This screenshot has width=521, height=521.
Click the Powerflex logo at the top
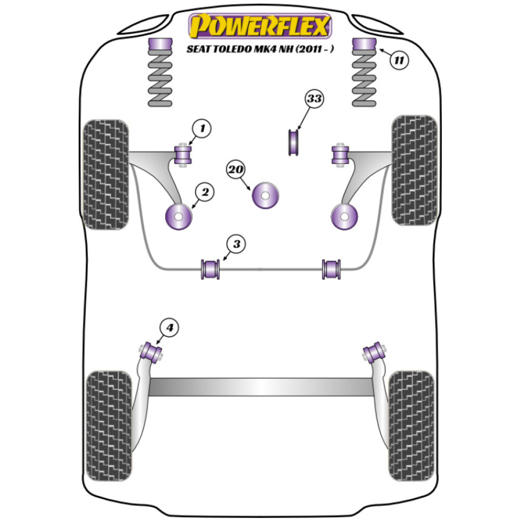tap(260, 26)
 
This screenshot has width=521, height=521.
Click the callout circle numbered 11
tap(399, 60)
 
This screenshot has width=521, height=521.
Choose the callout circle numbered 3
tap(237, 243)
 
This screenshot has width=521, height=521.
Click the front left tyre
tap(106, 175)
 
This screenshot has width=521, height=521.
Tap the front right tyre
tap(414, 170)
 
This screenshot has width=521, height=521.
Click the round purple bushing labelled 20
tap(265, 195)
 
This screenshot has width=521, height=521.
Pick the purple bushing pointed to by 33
tap(294, 142)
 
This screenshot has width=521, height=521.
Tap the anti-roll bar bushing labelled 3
tap(211, 268)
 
